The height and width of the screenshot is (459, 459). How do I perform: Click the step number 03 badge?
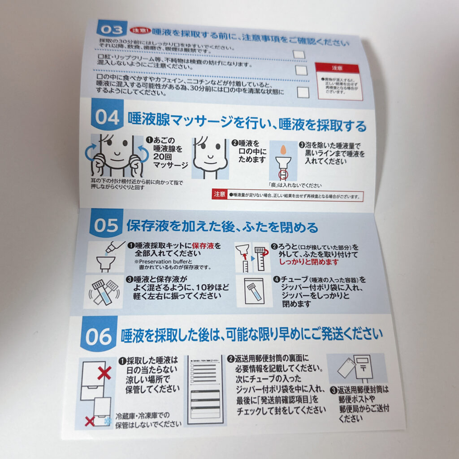tap(111, 30)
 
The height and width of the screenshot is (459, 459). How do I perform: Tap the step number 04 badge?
tap(107, 117)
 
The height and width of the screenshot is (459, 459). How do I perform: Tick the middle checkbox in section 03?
tap(301, 70)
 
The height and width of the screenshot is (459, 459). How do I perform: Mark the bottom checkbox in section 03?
tap(303, 92)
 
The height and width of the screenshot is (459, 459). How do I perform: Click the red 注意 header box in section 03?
tap(338, 69)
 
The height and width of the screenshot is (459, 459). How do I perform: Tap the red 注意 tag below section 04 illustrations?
tap(219, 194)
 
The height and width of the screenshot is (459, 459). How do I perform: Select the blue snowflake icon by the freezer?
tap(106, 421)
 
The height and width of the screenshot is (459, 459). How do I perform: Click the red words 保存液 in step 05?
tap(203, 246)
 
